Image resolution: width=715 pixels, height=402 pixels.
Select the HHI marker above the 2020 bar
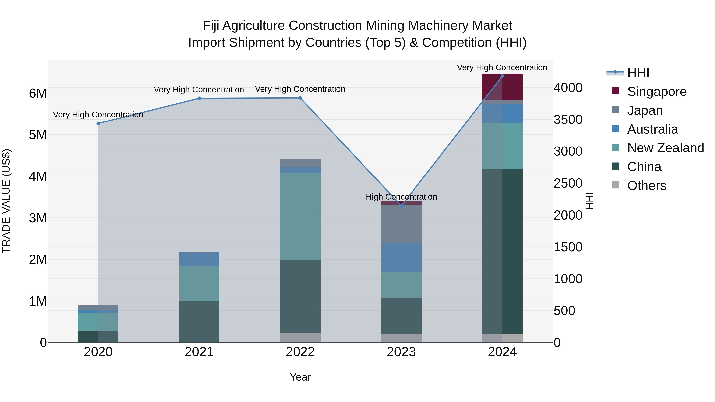click(x=98, y=123)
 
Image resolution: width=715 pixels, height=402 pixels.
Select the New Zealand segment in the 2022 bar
click(x=300, y=216)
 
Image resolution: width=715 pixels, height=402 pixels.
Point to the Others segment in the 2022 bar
click(x=300, y=337)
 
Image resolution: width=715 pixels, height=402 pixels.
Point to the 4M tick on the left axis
click(x=38, y=176)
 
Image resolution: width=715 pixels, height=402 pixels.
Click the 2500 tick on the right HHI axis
click(x=568, y=183)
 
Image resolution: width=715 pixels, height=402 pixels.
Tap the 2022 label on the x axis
click(x=300, y=352)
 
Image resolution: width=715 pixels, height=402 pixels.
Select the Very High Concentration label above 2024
click(x=502, y=67)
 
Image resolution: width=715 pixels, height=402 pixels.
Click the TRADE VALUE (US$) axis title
click(x=6, y=201)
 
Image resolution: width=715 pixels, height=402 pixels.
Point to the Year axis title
click(x=300, y=377)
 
